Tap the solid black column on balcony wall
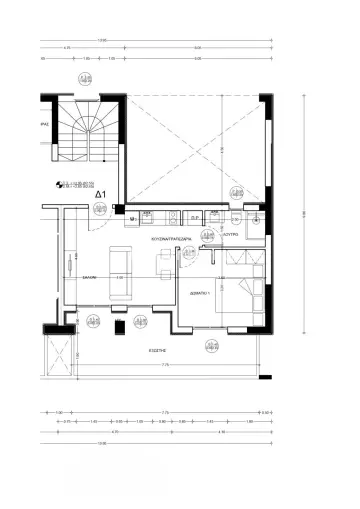point(119,326)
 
